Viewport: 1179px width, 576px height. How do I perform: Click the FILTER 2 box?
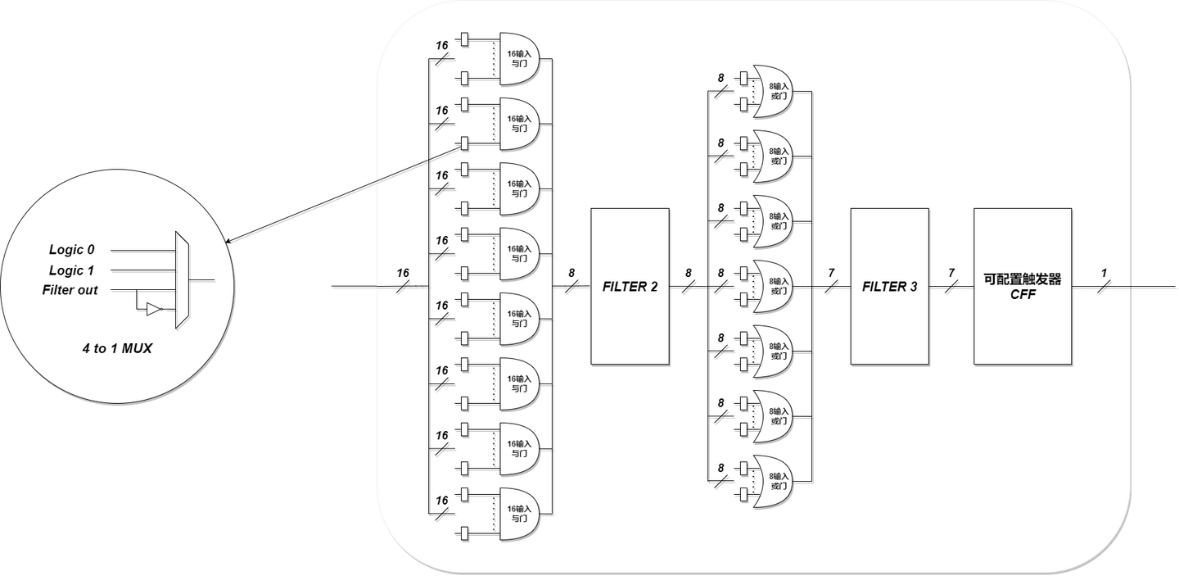[630, 286]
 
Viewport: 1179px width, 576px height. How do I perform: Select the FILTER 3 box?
[889, 286]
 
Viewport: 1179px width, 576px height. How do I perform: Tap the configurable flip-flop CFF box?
[1022, 286]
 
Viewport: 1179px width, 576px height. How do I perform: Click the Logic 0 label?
[72, 250]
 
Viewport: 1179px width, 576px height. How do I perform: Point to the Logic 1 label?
[72, 270]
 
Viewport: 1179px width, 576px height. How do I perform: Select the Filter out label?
[70, 290]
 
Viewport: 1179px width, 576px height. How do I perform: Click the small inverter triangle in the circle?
[154, 310]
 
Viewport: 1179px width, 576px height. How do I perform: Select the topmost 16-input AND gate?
[519, 59]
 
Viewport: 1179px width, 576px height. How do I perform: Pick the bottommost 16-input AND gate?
[519, 514]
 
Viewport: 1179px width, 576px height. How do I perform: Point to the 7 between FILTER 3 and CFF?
[951, 272]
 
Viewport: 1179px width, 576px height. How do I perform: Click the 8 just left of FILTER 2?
[571, 272]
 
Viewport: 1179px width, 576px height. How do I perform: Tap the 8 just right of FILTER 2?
[688, 272]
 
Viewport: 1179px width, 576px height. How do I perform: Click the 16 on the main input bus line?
[402, 272]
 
